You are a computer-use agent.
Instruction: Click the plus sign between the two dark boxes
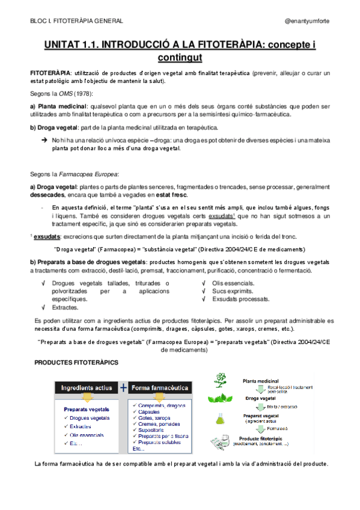point(123,387)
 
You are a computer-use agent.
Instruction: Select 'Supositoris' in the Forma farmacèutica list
point(151,431)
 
